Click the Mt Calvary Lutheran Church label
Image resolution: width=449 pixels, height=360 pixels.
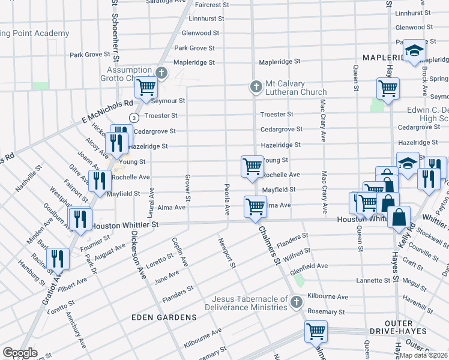pyautogui.click(x=294, y=88)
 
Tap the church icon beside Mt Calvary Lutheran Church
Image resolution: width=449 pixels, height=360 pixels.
pyautogui.click(x=256, y=88)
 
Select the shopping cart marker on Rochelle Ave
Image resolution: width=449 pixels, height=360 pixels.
pyautogui.click(x=252, y=166)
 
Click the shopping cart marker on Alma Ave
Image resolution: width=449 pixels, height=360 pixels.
pyautogui.click(x=256, y=207)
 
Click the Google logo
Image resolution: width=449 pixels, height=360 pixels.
pyautogui.click(x=20, y=353)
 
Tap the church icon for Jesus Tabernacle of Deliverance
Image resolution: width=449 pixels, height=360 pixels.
pyautogui.click(x=296, y=302)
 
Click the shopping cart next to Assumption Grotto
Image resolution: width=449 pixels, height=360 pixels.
pyautogui.click(x=146, y=88)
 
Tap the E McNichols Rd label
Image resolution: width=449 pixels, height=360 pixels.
pyautogui.click(x=107, y=109)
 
